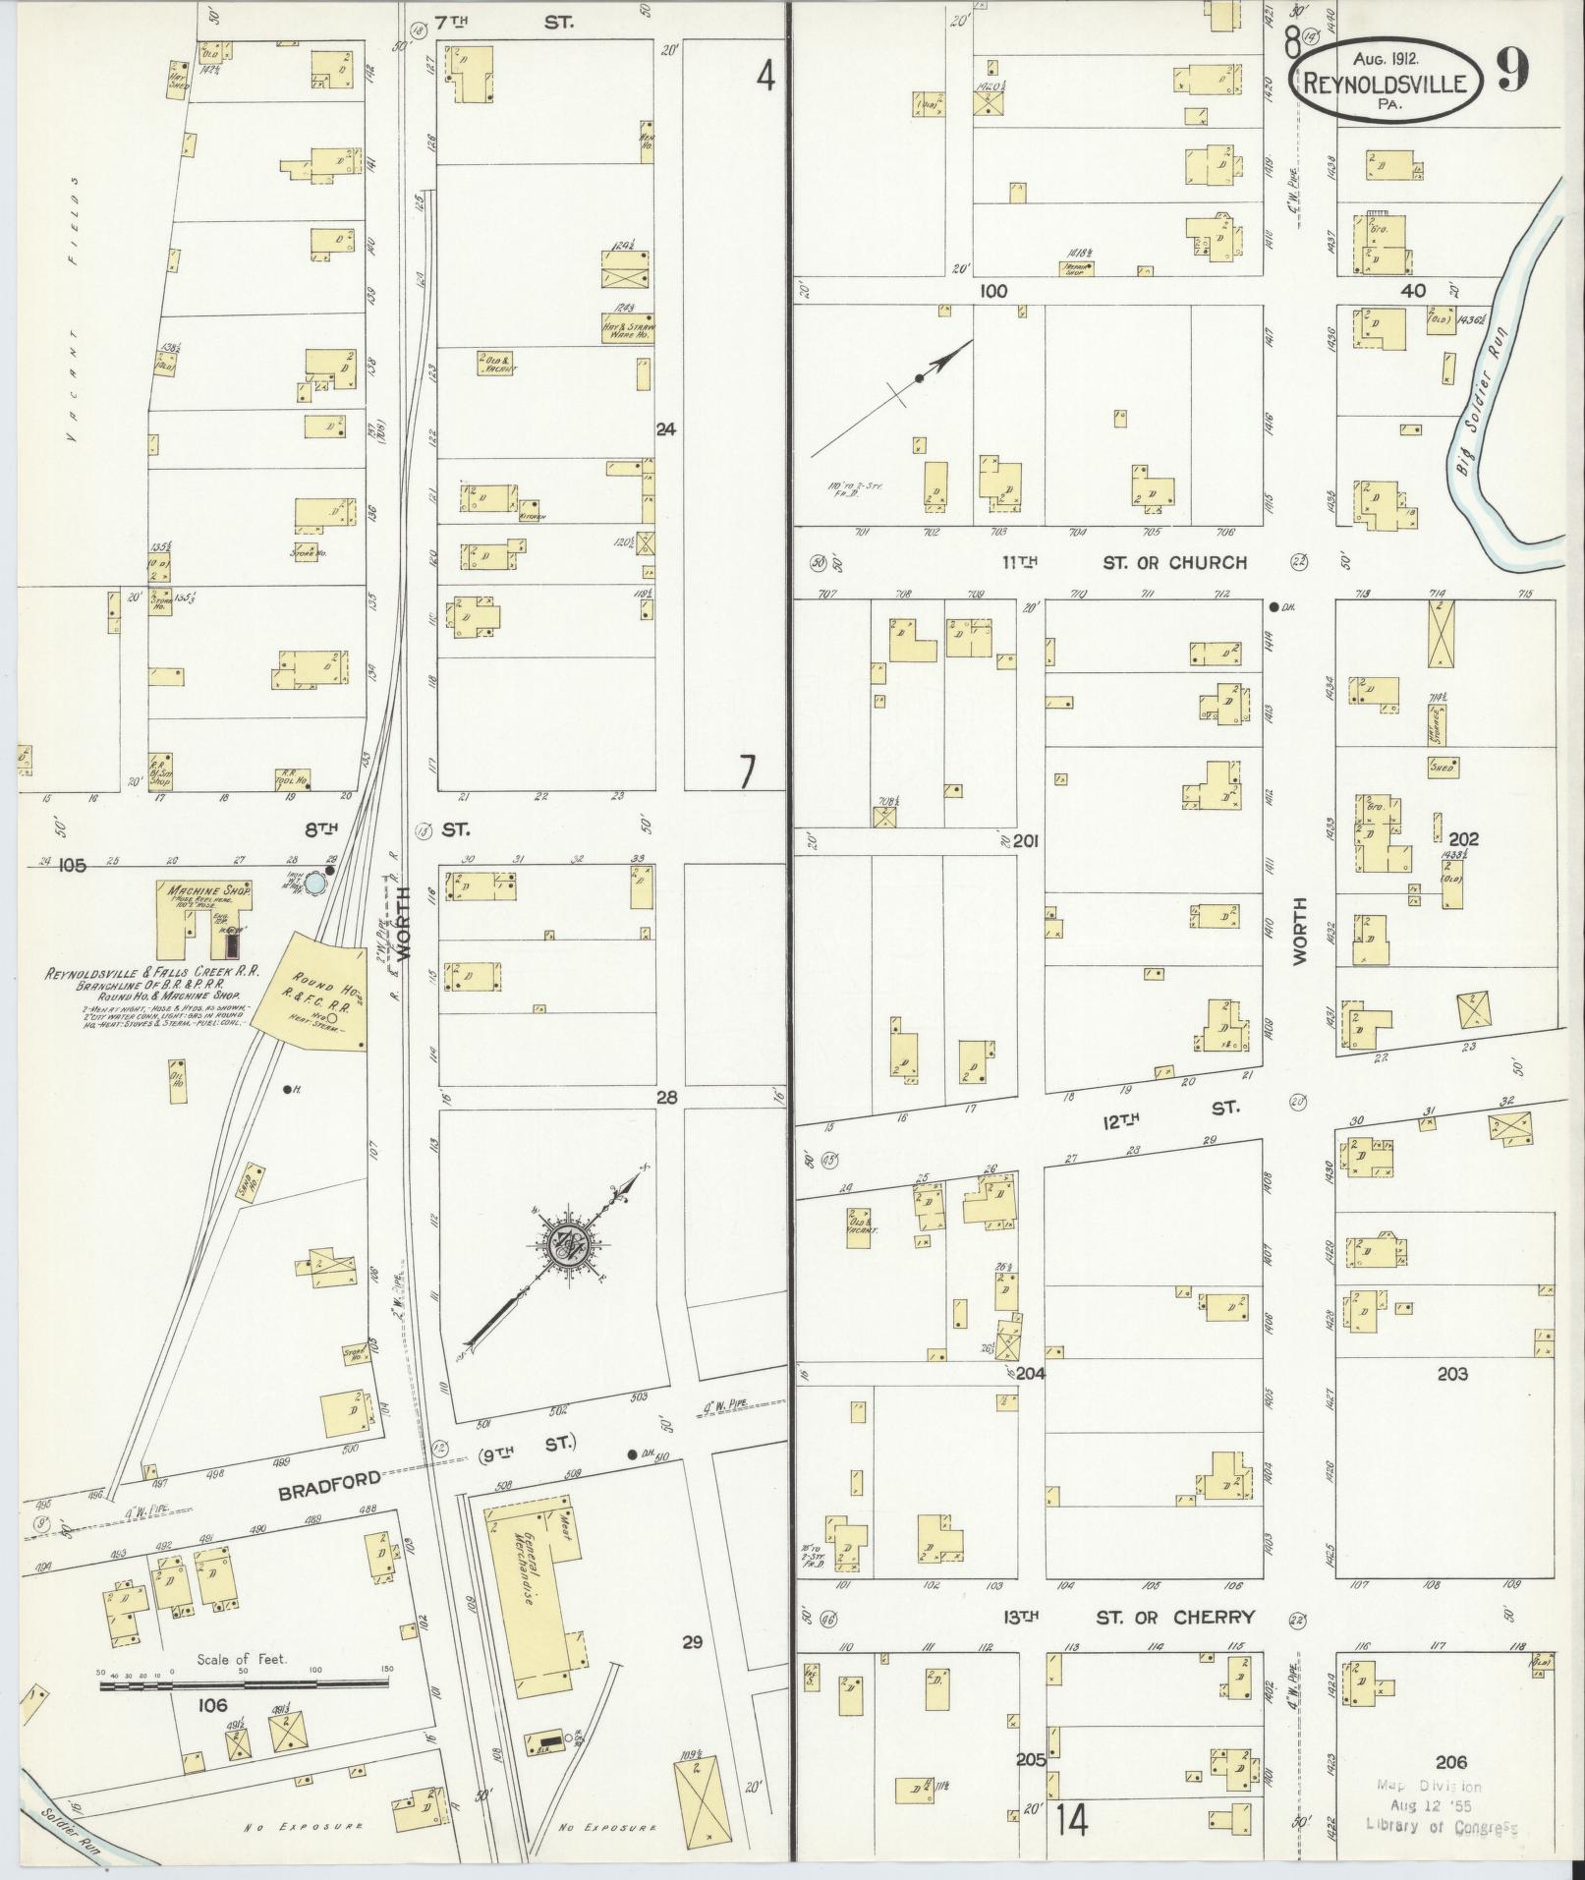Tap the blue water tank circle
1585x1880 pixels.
(314, 883)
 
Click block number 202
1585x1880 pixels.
(1462, 839)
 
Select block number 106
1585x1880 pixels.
(212, 1704)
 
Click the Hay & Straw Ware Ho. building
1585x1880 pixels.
(627, 327)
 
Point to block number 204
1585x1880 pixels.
(1030, 1373)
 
